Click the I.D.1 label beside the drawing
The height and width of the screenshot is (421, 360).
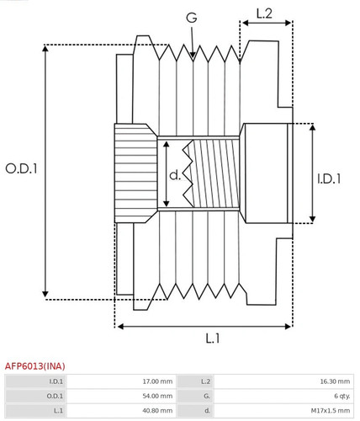point(329,179)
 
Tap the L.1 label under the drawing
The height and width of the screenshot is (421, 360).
point(213,338)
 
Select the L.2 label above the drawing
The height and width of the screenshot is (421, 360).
point(263,13)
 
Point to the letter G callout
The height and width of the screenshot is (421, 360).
point(192,17)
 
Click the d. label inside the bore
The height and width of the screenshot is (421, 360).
point(175,175)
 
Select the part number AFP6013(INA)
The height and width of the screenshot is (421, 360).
point(35,366)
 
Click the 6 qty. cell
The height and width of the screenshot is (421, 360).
point(341,396)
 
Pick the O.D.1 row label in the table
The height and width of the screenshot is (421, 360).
point(56,396)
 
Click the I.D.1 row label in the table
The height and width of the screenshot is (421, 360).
point(56,381)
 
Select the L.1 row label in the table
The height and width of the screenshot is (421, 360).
point(58,411)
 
